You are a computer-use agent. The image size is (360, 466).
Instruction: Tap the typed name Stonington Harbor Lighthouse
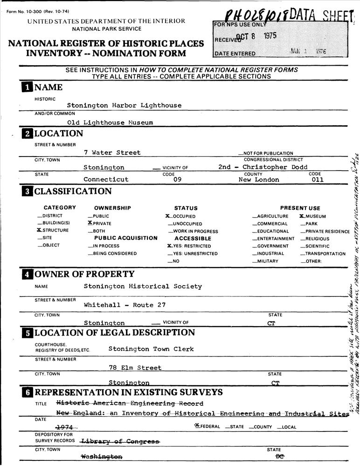[124, 105]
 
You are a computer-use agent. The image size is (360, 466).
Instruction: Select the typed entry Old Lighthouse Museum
[110, 123]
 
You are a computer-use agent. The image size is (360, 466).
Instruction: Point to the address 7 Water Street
[112, 152]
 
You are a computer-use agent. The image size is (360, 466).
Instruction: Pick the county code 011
[317, 179]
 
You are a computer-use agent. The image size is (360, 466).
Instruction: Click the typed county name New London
[259, 179]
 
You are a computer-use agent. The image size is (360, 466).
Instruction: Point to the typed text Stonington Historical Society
[143, 287]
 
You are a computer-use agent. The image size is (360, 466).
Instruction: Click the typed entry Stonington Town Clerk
[151, 349]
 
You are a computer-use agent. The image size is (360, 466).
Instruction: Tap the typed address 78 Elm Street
[135, 368]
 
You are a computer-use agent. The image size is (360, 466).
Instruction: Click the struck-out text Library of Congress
[120, 441]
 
